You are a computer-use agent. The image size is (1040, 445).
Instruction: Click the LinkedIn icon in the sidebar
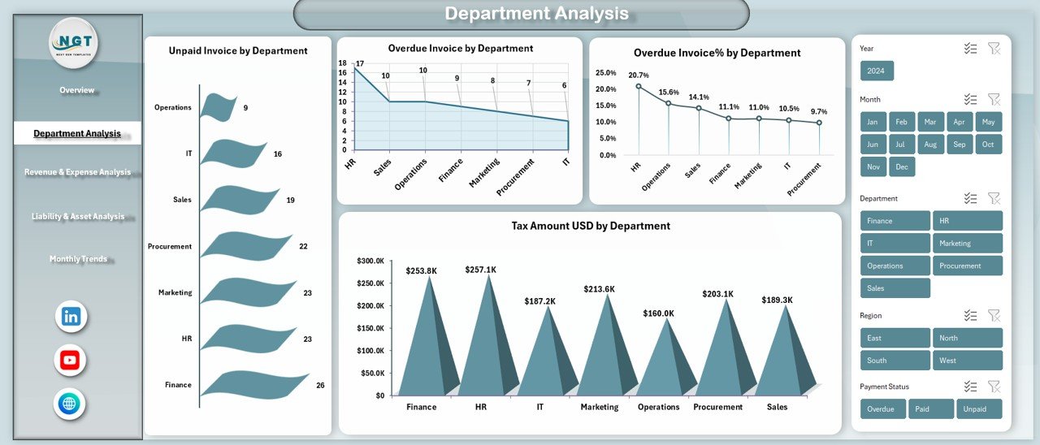click(x=71, y=317)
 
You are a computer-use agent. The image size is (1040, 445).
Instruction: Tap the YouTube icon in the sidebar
click(x=70, y=361)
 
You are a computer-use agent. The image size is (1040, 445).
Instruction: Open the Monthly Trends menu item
click(x=78, y=259)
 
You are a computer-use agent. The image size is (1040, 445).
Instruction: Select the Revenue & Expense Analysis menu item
click(x=77, y=172)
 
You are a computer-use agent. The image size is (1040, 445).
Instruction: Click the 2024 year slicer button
click(x=877, y=71)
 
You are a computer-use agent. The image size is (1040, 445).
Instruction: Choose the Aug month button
click(x=930, y=145)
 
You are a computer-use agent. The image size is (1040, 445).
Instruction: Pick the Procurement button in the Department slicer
click(x=967, y=266)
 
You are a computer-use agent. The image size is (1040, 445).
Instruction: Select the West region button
click(x=967, y=361)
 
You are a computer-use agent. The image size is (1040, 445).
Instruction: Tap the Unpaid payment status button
click(x=978, y=409)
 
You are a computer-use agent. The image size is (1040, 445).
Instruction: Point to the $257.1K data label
click(x=481, y=269)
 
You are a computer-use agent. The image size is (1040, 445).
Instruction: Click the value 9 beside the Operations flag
click(x=245, y=108)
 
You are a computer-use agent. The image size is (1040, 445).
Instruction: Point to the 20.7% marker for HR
click(x=639, y=86)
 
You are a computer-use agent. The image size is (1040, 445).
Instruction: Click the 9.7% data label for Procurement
click(x=819, y=111)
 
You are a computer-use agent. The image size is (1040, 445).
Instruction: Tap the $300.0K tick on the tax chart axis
click(x=370, y=261)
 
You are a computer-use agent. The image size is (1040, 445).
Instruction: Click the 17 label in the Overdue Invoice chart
click(x=360, y=64)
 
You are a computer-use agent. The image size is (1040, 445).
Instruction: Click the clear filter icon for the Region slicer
click(x=994, y=315)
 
